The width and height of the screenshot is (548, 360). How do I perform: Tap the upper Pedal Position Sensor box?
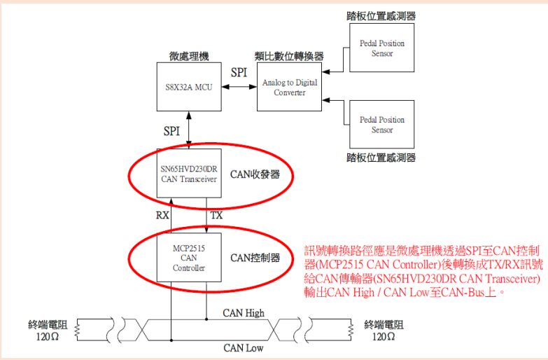coord(381,48)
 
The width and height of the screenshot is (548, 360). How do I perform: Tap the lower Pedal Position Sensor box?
coord(381,125)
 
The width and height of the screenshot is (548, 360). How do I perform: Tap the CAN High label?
coord(244,312)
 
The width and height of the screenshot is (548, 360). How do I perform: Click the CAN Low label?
coord(242,347)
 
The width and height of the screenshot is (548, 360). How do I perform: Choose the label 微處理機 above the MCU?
coord(188,56)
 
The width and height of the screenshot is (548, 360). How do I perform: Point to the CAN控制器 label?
coord(255,258)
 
